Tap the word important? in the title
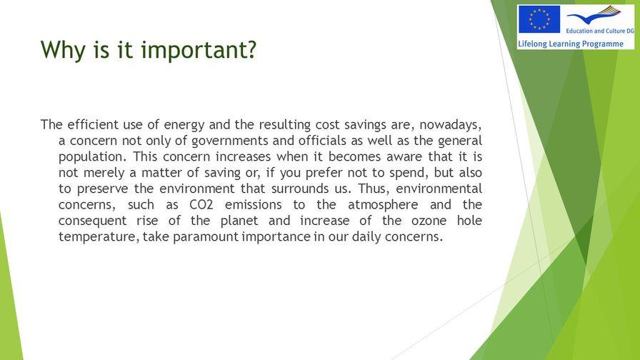(199, 50)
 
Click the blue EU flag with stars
(539, 19)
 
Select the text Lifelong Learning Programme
(571, 44)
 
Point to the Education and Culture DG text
(600, 31)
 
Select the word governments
(230, 141)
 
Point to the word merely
(104, 173)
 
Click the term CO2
(201, 204)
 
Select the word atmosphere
(383, 205)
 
